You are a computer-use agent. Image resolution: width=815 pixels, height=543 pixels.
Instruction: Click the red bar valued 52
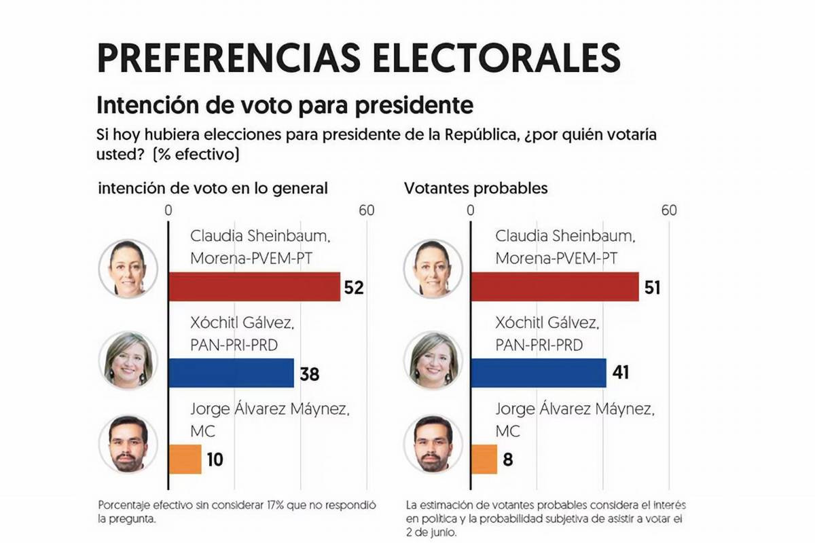click(x=254, y=286)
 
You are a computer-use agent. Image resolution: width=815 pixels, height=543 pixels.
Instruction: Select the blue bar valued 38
click(x=231, y=373)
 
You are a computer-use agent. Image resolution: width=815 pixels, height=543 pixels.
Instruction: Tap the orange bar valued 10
click(x=185, y=459)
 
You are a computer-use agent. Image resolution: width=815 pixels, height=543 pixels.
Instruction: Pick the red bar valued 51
click(x=554, y=286)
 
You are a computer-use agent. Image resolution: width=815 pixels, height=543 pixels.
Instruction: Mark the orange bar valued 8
click(x=484, y=459)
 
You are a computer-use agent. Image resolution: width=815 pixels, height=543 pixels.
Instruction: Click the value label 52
click(x=354, y=287)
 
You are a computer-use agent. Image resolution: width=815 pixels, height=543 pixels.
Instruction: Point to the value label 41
click(x=623, y=373)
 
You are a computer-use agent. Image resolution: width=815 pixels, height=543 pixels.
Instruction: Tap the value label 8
click(x=508, y=460)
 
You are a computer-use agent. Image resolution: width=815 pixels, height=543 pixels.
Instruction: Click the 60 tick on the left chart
click(x=367, y=210)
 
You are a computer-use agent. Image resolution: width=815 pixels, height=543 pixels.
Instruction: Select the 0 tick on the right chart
click(x=470, y=210)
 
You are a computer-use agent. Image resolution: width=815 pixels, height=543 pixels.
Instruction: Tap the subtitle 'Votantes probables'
click(x=475, y=188)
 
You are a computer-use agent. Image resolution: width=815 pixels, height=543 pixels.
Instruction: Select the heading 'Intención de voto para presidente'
click(x=285, y=106)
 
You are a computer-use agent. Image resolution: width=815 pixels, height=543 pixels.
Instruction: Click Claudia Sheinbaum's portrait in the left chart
click(x=128, y=268)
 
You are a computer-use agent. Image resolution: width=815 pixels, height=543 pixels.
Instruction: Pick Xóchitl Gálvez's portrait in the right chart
click(x=433, y=355)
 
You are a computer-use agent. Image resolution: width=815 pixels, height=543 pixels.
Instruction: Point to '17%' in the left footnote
click(x=289, y=506)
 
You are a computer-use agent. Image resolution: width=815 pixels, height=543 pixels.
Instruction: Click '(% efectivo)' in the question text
click(x=196, y=155)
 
